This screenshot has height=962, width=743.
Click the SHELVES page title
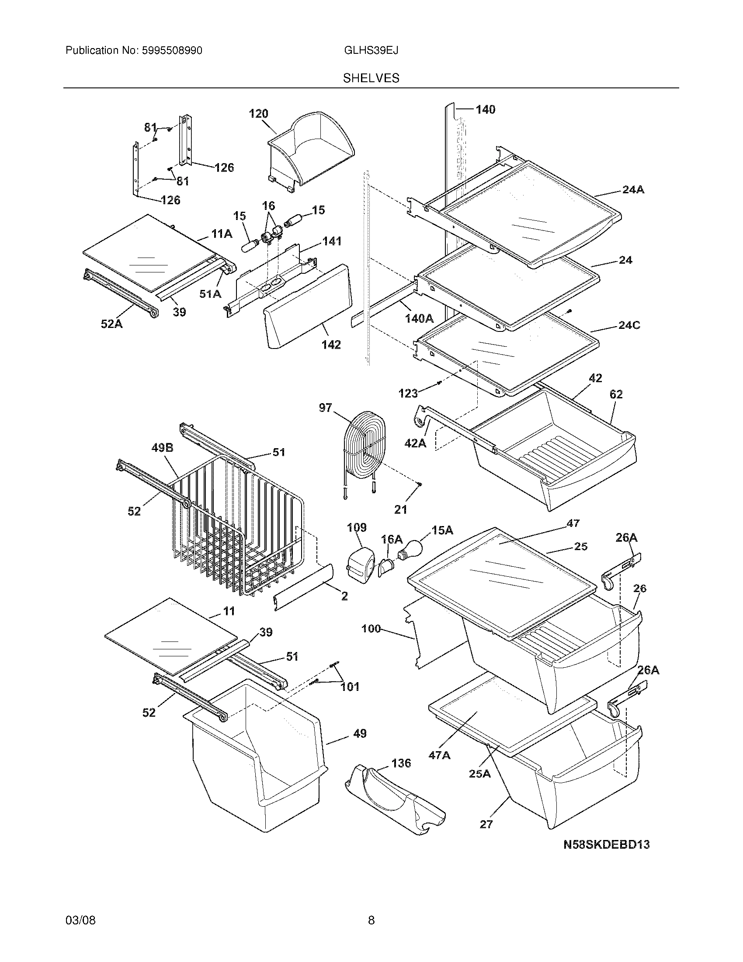[371, 78]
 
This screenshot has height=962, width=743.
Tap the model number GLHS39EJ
[371, 51]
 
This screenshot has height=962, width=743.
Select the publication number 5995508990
[172, 51]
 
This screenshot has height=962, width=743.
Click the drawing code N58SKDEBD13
[607, 844]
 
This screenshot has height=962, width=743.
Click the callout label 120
[258, 114]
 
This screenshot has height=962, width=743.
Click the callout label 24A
[633, 190]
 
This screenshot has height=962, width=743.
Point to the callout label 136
[401, 763]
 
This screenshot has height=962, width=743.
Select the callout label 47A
[439, 755]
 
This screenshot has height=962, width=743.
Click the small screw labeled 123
[439, 383]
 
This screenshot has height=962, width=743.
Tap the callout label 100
[371, 628]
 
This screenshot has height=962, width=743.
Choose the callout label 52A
[112, 324]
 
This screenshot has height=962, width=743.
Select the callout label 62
[616, 394]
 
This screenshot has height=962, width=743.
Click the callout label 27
[486, 824]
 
